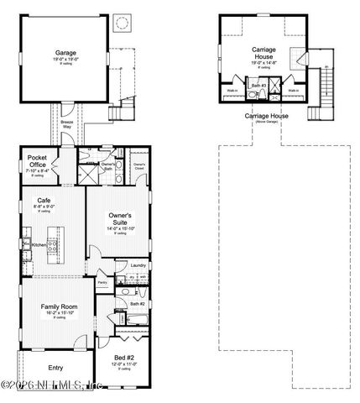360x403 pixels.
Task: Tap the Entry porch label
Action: pos(55,367)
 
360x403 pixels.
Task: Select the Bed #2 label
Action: pos(124,358)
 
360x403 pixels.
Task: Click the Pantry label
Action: pos(102,283)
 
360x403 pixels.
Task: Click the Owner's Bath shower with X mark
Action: pos(86,174)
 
